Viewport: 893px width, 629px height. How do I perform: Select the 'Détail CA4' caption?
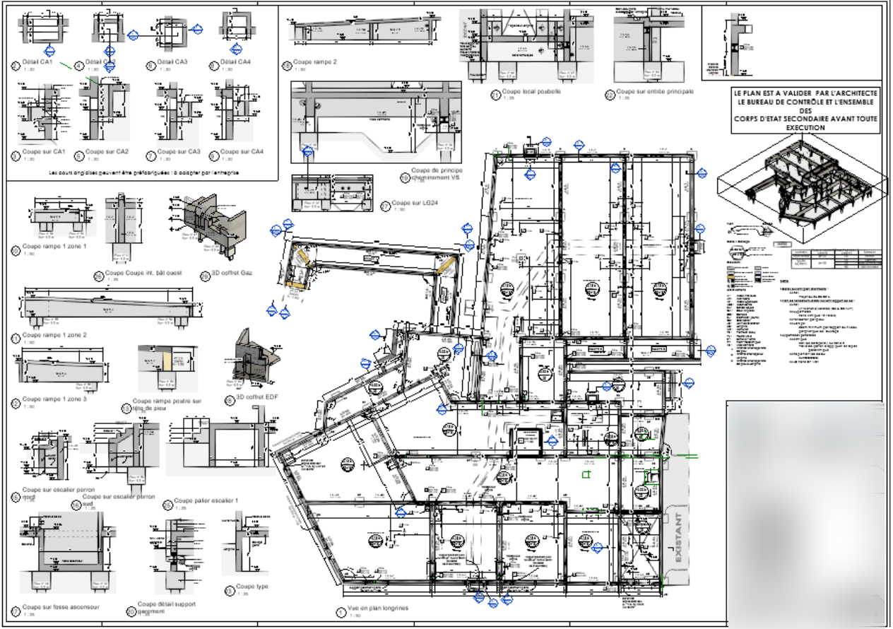(x=235, y=62)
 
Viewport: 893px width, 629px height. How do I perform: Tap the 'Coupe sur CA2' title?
(x=107, y=151)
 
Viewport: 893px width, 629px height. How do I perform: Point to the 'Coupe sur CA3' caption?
(x=179, y=151)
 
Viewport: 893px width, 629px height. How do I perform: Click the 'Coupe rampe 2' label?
(x=314, y=62)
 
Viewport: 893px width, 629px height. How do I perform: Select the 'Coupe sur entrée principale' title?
(x=656, y=91)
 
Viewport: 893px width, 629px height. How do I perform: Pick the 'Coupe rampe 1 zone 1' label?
(x=54, y=247)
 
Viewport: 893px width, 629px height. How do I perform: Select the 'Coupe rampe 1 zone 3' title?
(x=54, y=399)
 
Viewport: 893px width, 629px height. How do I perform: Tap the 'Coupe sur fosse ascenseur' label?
(x=60, y=606)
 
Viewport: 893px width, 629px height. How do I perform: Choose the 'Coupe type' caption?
(x=252, y=586)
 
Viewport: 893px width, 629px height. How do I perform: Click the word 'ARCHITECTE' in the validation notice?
(x=853, y=93)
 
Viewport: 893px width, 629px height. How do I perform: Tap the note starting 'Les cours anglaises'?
(x=143, y=172)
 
